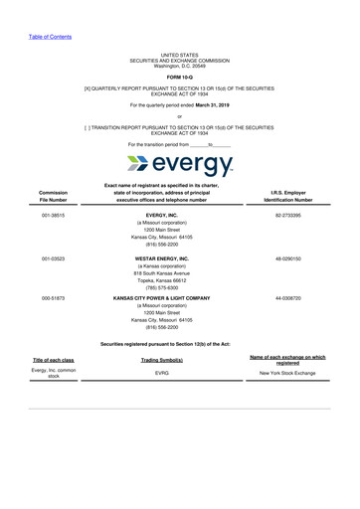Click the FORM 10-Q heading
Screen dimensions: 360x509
pos(180,77)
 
